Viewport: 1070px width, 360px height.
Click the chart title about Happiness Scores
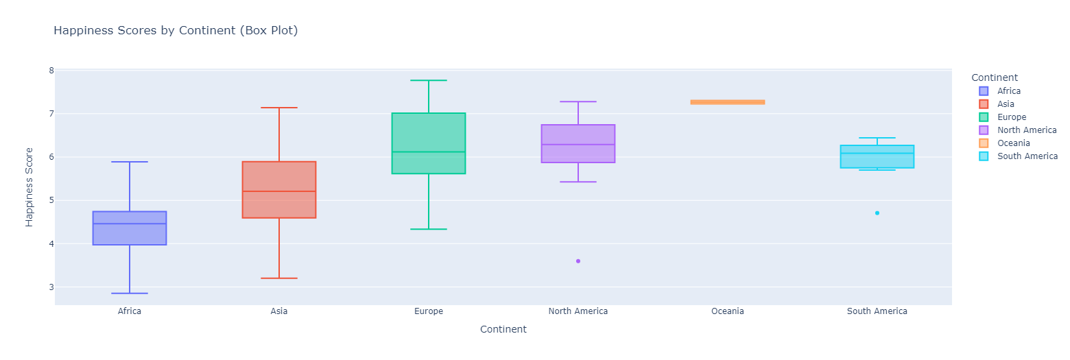pos(176,31)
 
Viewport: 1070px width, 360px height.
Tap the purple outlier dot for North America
pos(578,261)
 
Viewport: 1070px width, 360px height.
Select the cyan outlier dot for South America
pos(877,213)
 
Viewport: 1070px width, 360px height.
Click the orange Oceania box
pos(728,102)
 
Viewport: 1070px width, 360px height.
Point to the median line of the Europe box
pos(429,152)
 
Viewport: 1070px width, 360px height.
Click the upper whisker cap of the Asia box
pos(279,108)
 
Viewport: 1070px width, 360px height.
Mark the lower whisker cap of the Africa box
pos(130,293)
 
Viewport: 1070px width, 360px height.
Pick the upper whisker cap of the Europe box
pos(429,81)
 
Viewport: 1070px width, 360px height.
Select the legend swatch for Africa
pos(984,91)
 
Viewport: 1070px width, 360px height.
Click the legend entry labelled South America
pos(1027,156)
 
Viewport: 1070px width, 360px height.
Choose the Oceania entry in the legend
pos(1014,143)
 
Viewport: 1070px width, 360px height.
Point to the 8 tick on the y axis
pos(51,71)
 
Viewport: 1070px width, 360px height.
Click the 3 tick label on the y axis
pos(51,287)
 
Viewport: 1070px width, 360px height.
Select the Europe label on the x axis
pos(429,311)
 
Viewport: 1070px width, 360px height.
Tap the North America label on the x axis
pos(578,311)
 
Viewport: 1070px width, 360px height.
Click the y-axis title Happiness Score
pos(29,187)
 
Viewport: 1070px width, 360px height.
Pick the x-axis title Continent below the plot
pos(503,329)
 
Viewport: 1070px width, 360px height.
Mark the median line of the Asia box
pos(279,191)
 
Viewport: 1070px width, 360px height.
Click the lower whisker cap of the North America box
pos(578,182)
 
